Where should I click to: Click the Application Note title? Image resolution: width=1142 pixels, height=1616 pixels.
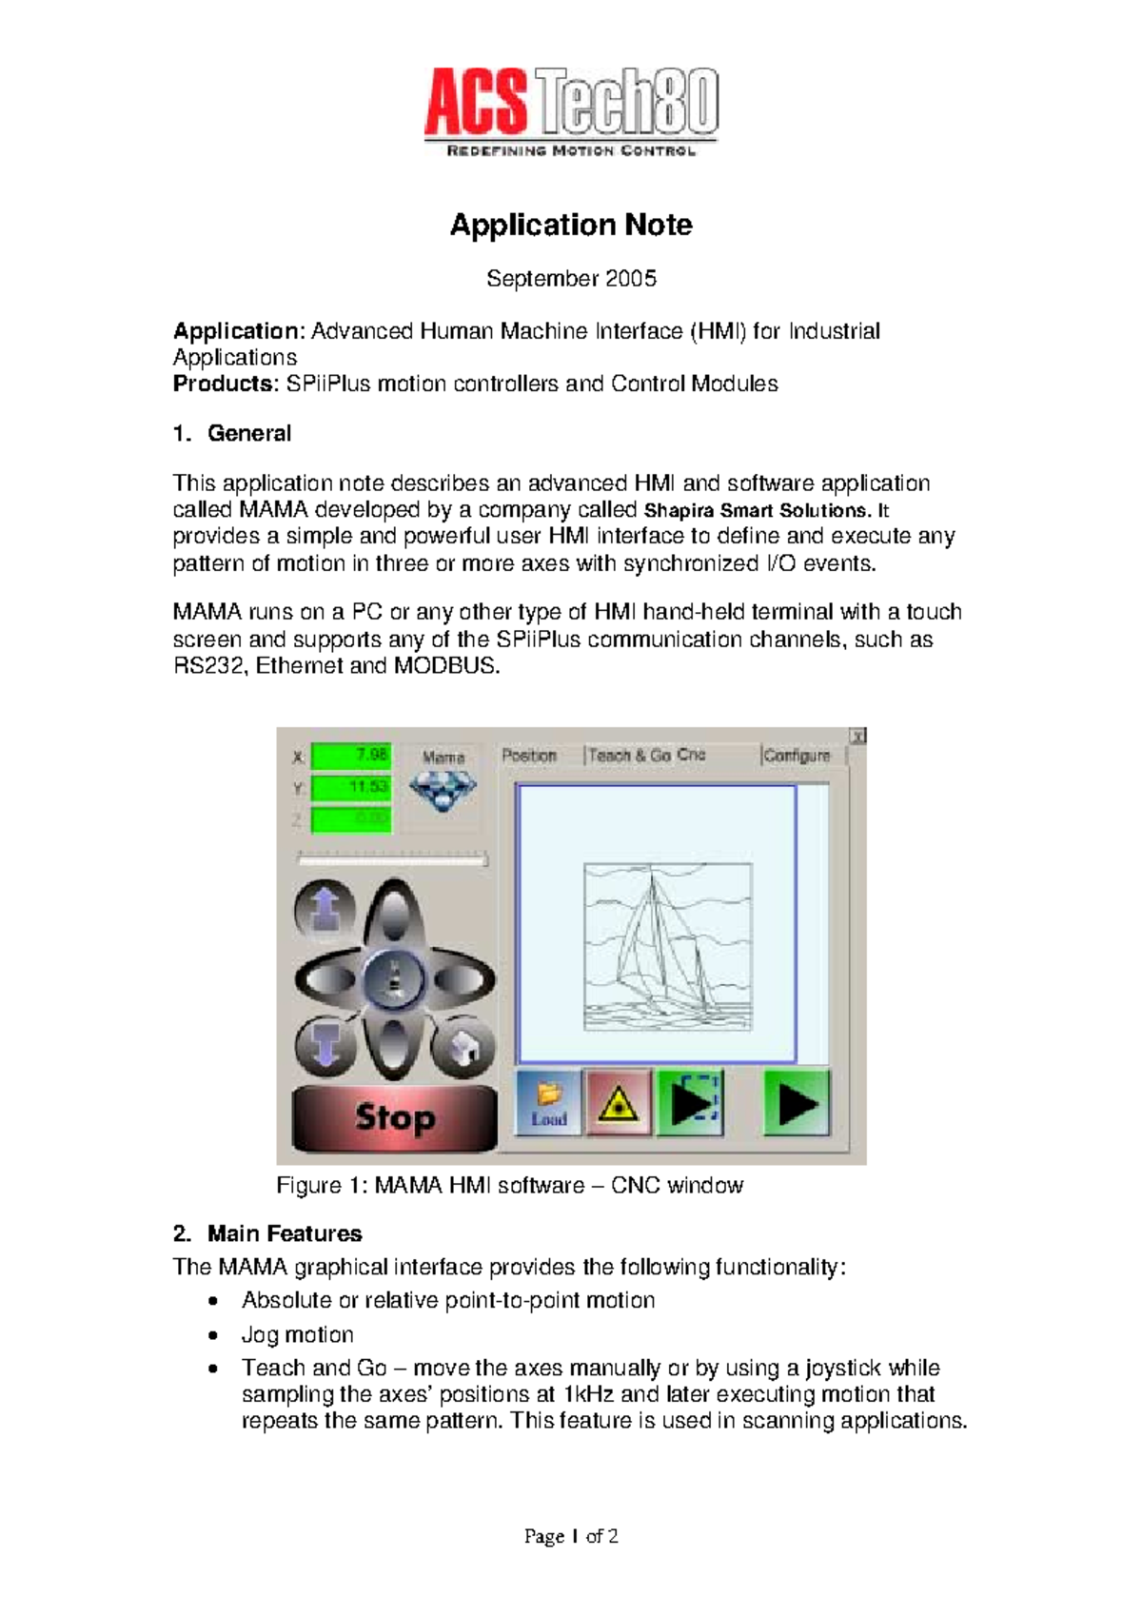tap(571, 225)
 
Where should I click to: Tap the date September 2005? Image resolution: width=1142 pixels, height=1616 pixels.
tap(571, 279)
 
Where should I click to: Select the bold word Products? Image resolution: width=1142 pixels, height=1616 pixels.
tap(223, 384)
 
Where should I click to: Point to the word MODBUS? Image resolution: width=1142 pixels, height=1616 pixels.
tap(445, 666)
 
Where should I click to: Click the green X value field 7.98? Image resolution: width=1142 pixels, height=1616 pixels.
tap(351, 756)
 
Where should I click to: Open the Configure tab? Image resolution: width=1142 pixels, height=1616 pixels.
tap(797, 756)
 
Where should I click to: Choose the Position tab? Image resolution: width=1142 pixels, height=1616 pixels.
tap(529, 756)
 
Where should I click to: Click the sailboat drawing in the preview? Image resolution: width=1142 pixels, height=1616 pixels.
tap(666, 947)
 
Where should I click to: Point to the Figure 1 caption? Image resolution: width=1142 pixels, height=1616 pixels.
tap(509, 1186)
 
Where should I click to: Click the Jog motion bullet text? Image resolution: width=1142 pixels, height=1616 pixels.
tap(298, 1335)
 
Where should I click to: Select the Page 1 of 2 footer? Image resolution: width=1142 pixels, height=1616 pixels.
tap(571, 1536)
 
